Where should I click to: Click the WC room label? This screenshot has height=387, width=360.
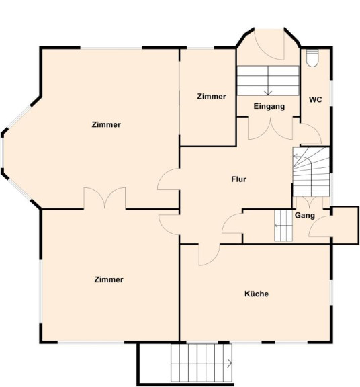coord(316,99)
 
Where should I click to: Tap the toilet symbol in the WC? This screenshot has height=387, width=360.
coord(312,58)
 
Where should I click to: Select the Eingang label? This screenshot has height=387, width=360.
coord(269,106)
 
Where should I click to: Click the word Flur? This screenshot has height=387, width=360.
coord(239,179)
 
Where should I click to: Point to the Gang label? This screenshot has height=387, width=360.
coord(305,216)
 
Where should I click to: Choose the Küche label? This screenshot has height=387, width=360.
coord(257,294)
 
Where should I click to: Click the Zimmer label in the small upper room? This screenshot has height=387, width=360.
coord(212,97)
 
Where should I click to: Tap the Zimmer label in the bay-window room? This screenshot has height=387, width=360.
coord(106,124)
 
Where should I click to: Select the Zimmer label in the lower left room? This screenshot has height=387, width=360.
coord(109,279)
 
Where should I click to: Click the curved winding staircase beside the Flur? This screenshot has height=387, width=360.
coord(312,172)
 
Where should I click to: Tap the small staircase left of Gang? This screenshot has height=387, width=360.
coord(283,225)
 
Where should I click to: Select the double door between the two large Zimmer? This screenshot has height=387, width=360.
coord(105,198)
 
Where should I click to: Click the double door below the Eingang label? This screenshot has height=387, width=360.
coord(271,128)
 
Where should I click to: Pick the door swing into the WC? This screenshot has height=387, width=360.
coord(311,133)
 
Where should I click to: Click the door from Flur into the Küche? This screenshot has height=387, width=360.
coord(210,255)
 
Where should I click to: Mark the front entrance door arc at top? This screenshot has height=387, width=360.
coord(269,44)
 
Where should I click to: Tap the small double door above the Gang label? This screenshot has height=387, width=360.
coord(310,202)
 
